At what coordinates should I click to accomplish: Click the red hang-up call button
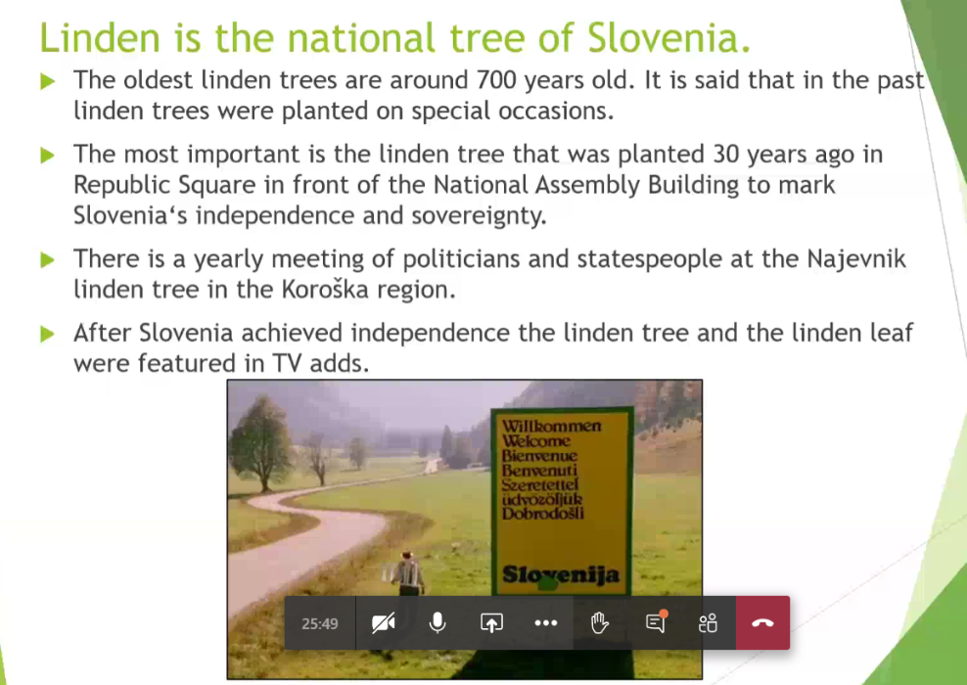click(762, 622)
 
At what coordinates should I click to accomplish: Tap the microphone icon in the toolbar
click(437, 622)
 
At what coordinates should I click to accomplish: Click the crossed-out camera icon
click(383, 623)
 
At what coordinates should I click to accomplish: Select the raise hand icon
click(599, 622)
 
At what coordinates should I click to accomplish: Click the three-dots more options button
click(546, 623)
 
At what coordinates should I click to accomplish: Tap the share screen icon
click(491, 622)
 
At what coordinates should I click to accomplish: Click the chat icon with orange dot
click(656, 621)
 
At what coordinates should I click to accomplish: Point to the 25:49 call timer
click(319, 624)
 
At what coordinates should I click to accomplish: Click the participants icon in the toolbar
click(708, 623)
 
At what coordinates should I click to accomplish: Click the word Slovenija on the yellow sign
click(561, 574)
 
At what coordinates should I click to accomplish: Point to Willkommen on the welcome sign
click(551, 426)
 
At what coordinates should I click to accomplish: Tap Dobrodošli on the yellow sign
click(542, 513)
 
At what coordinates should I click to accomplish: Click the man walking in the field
click(407, 573)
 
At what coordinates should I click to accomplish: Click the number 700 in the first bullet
click(496, 80)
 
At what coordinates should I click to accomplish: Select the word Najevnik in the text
click(856, 259)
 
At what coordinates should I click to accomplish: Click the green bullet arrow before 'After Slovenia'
click(48, 334)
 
